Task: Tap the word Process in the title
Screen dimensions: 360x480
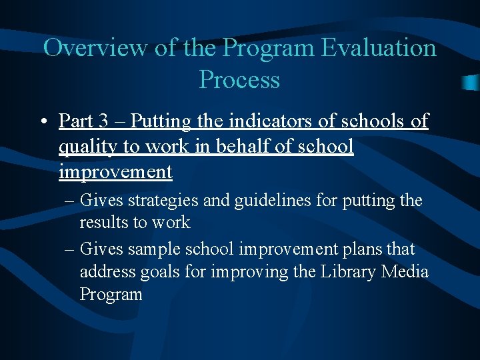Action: coord(239,79)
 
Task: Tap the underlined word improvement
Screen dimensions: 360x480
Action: coord(115,172)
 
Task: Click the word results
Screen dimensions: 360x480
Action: coord(102,222)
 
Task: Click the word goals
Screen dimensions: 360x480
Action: coord(172,272)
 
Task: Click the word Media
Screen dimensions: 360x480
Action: coord(405,271)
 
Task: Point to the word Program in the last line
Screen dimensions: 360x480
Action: coord(111,295)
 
